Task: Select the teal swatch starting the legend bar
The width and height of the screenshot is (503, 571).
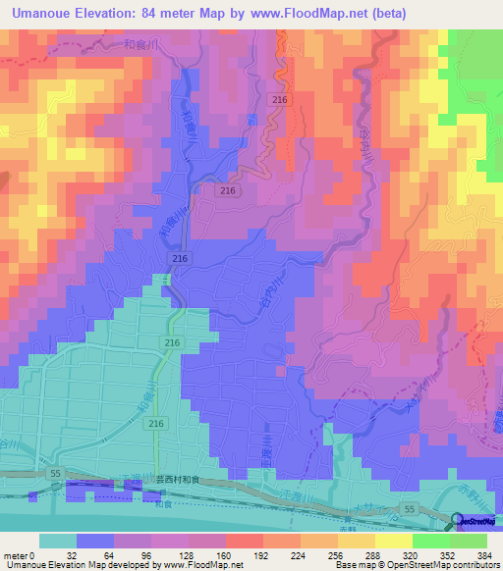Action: point(58,541)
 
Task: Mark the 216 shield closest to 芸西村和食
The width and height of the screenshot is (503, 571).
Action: point(155,422)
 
